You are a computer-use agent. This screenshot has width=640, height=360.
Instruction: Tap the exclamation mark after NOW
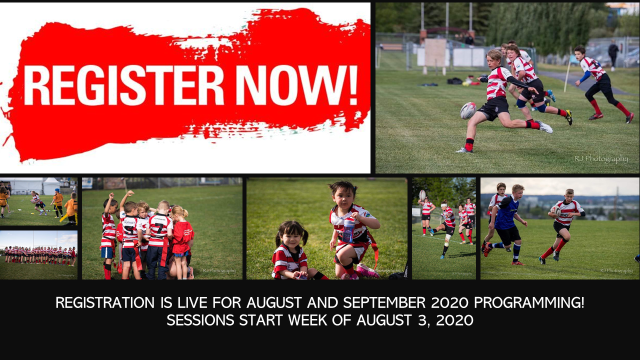(352, 83)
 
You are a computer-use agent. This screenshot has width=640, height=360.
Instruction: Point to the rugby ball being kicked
(468, 110)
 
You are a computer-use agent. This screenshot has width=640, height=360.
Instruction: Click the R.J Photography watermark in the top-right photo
(601, 159)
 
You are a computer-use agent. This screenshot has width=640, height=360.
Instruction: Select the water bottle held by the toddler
(348, 229)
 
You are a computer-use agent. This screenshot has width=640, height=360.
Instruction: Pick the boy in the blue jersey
(506, 220)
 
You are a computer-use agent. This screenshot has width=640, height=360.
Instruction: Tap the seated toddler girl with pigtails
(290, 252)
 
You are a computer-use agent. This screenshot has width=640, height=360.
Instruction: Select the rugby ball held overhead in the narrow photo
(422, 194)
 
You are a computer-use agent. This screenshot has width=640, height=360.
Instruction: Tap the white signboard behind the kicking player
(435, 52)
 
